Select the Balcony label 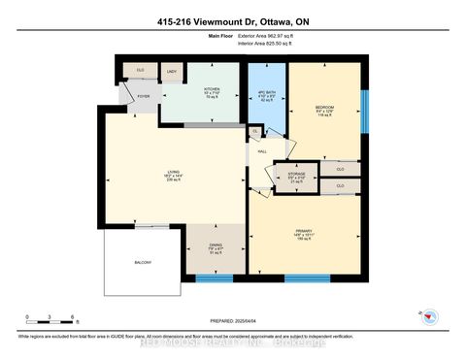(x=142, y=263)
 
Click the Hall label (x=261, y=151)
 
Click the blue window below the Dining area (x=215, y=278)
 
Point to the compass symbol (x=432, y=316)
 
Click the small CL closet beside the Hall (x=255, y=131)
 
